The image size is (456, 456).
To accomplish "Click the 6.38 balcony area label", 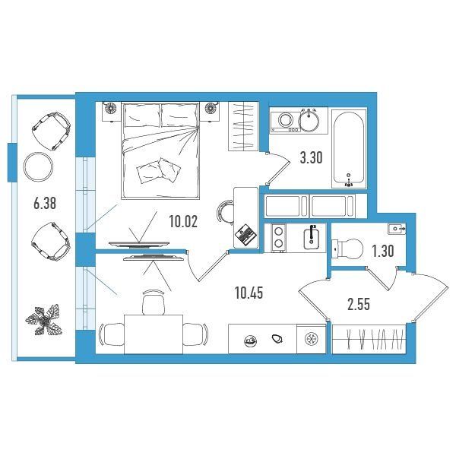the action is point(45,203).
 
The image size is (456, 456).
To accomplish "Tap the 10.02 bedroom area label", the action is point(183,222).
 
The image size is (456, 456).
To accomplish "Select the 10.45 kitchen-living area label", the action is point(249,293).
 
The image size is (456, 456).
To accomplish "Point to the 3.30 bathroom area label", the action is point(311,158).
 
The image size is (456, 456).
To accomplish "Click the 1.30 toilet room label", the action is point(383,251).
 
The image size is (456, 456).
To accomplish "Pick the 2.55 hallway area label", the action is point(359,304).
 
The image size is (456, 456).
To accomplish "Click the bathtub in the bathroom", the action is point(349,149).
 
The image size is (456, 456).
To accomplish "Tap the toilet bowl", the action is point(348,249).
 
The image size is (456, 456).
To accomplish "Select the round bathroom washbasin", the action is point(309,120).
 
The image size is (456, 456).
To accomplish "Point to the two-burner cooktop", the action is point(278,237).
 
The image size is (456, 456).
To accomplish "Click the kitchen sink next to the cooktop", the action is point(312,238).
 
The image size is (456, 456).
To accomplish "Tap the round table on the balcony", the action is point(38,167).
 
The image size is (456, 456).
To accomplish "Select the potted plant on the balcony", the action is point(44,320).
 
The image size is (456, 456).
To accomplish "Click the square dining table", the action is point(154,334).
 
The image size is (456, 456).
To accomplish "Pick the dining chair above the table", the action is point(154,302).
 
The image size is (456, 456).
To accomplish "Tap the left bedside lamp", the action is point(110,109).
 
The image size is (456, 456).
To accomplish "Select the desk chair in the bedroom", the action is point(225,212).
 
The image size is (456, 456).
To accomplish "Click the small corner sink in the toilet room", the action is point(397,229).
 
